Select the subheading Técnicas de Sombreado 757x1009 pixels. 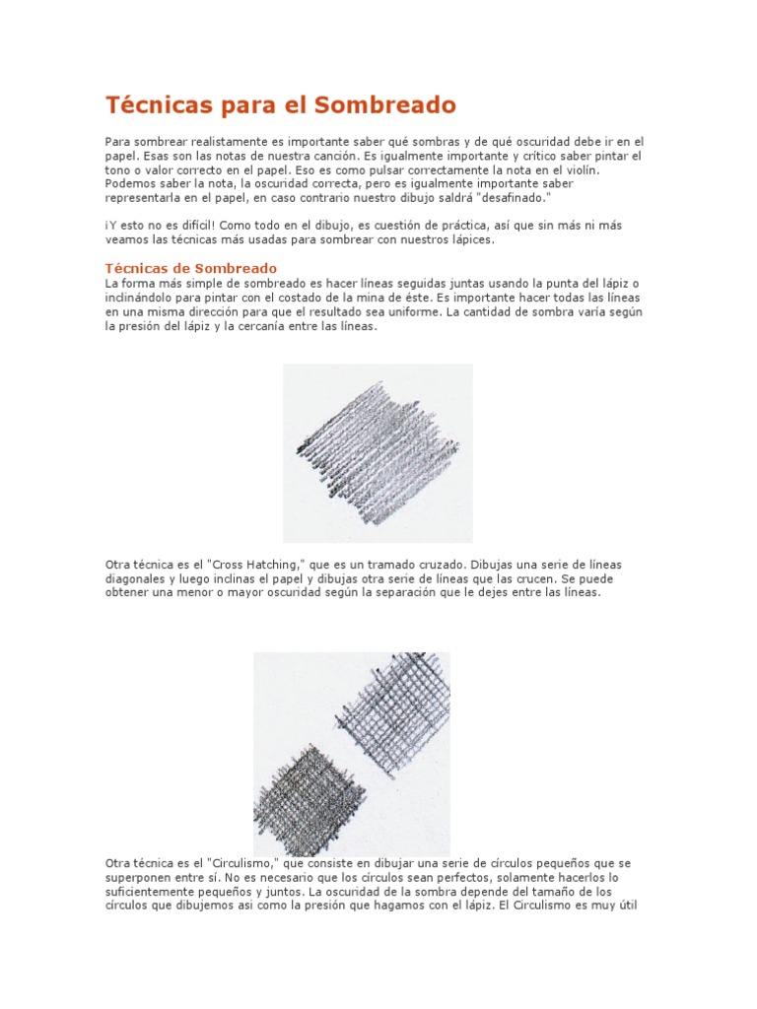191,268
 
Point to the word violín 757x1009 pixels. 607,169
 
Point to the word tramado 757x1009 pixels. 375,565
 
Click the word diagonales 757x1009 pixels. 137,579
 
